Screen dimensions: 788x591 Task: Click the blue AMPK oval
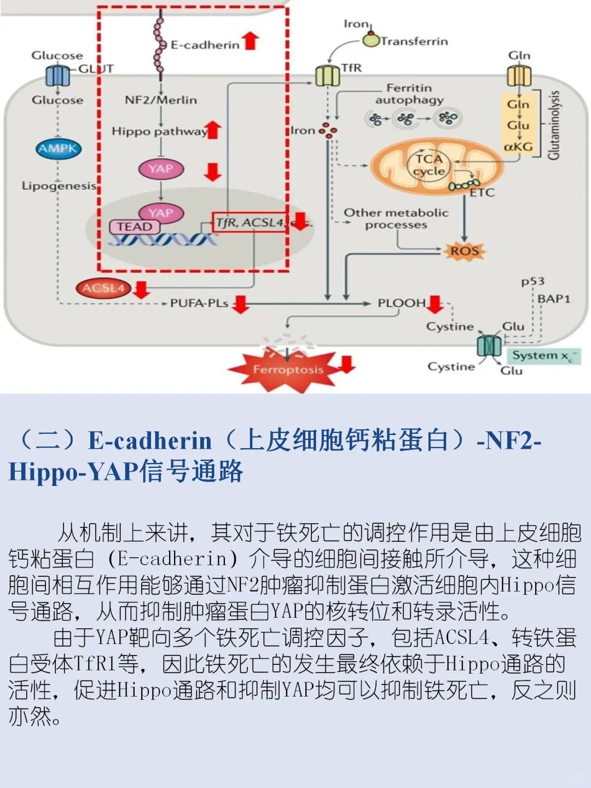(59, 148)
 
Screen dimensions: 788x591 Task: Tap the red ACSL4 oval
(103, 288)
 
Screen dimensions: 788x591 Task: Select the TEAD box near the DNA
(135, 227)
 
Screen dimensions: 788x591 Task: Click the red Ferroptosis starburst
(288, 370)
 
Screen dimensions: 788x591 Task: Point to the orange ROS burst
(465, 252)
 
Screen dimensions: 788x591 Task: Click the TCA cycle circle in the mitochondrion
(428, 165)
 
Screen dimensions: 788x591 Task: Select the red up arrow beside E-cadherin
(251, 40)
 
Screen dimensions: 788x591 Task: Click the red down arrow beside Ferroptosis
(347, 363)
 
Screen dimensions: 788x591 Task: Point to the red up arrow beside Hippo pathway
(213, 130)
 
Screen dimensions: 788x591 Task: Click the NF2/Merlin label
(161, 100)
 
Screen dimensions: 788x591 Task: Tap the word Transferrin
(414, 41)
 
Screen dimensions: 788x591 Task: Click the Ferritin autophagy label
(409, 94)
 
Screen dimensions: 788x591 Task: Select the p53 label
(532, 282)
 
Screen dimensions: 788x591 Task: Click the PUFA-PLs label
(199, 303)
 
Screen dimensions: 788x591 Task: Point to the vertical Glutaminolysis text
(554, 125)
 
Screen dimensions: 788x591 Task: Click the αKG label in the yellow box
(518, 147)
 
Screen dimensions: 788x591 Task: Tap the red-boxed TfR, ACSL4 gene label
(250, 222)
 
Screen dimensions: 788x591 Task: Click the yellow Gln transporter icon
(519, 76)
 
